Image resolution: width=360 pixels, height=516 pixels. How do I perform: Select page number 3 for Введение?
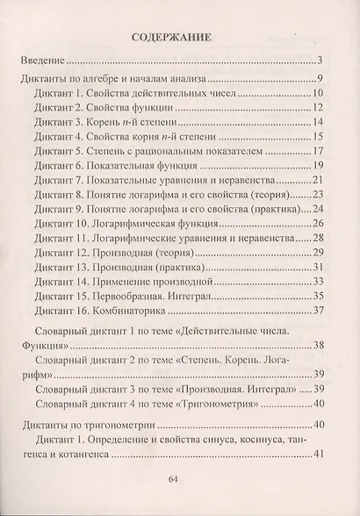pos(321,61)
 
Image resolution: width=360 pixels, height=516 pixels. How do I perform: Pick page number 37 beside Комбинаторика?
pos(319,312)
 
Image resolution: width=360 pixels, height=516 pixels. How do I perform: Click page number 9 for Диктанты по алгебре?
pos(321,78)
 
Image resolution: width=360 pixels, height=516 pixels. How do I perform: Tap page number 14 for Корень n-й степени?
pos(319,122)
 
